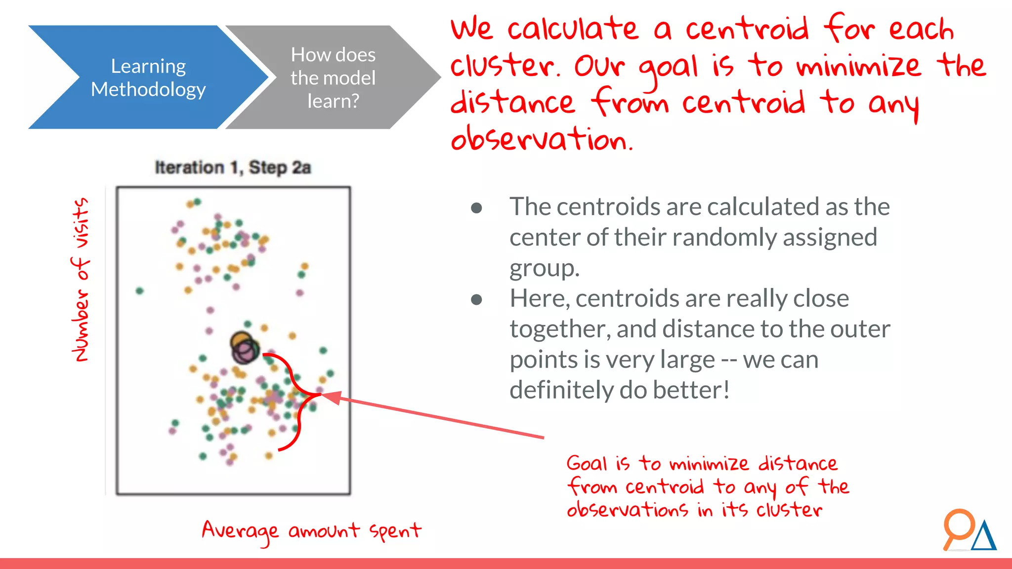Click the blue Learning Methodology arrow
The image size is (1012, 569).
click(148, 78)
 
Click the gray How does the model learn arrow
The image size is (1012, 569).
click(333, 78)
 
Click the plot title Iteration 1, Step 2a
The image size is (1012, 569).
click(233, 167)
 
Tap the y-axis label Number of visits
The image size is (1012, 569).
click(81, 280)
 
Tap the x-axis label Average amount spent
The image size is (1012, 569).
click(311, 531)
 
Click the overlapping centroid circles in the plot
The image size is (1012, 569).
click(245, 348)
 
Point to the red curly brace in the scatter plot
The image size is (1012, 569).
click(295, 400)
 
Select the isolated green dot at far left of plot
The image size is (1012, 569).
click(139, 291)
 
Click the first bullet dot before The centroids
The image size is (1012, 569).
click(476, 208)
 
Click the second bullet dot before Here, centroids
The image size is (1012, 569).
click(476, 300)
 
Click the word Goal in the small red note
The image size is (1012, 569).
click(586, 463)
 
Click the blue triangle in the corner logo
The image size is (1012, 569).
click(984, 537)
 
